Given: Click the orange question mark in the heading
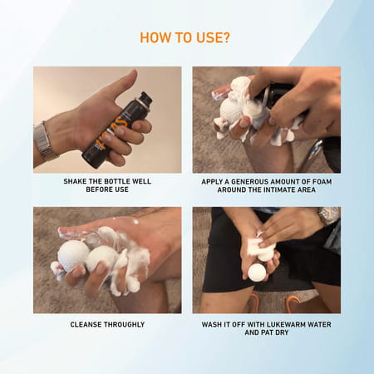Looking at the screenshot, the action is click(226, 37).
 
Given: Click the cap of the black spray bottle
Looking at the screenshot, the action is click(145, 98).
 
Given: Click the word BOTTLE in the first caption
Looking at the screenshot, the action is click(116, 181).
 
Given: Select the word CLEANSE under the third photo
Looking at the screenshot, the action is click(84, 324).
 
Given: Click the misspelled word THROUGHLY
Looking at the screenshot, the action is click(123, 324).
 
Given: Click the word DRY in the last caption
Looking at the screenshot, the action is click(282, 332).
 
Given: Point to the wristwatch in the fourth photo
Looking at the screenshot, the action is click(328, 215).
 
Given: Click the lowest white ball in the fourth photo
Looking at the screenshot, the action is click(257, 273).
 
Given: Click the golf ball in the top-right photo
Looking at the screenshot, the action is click(232, 112).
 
